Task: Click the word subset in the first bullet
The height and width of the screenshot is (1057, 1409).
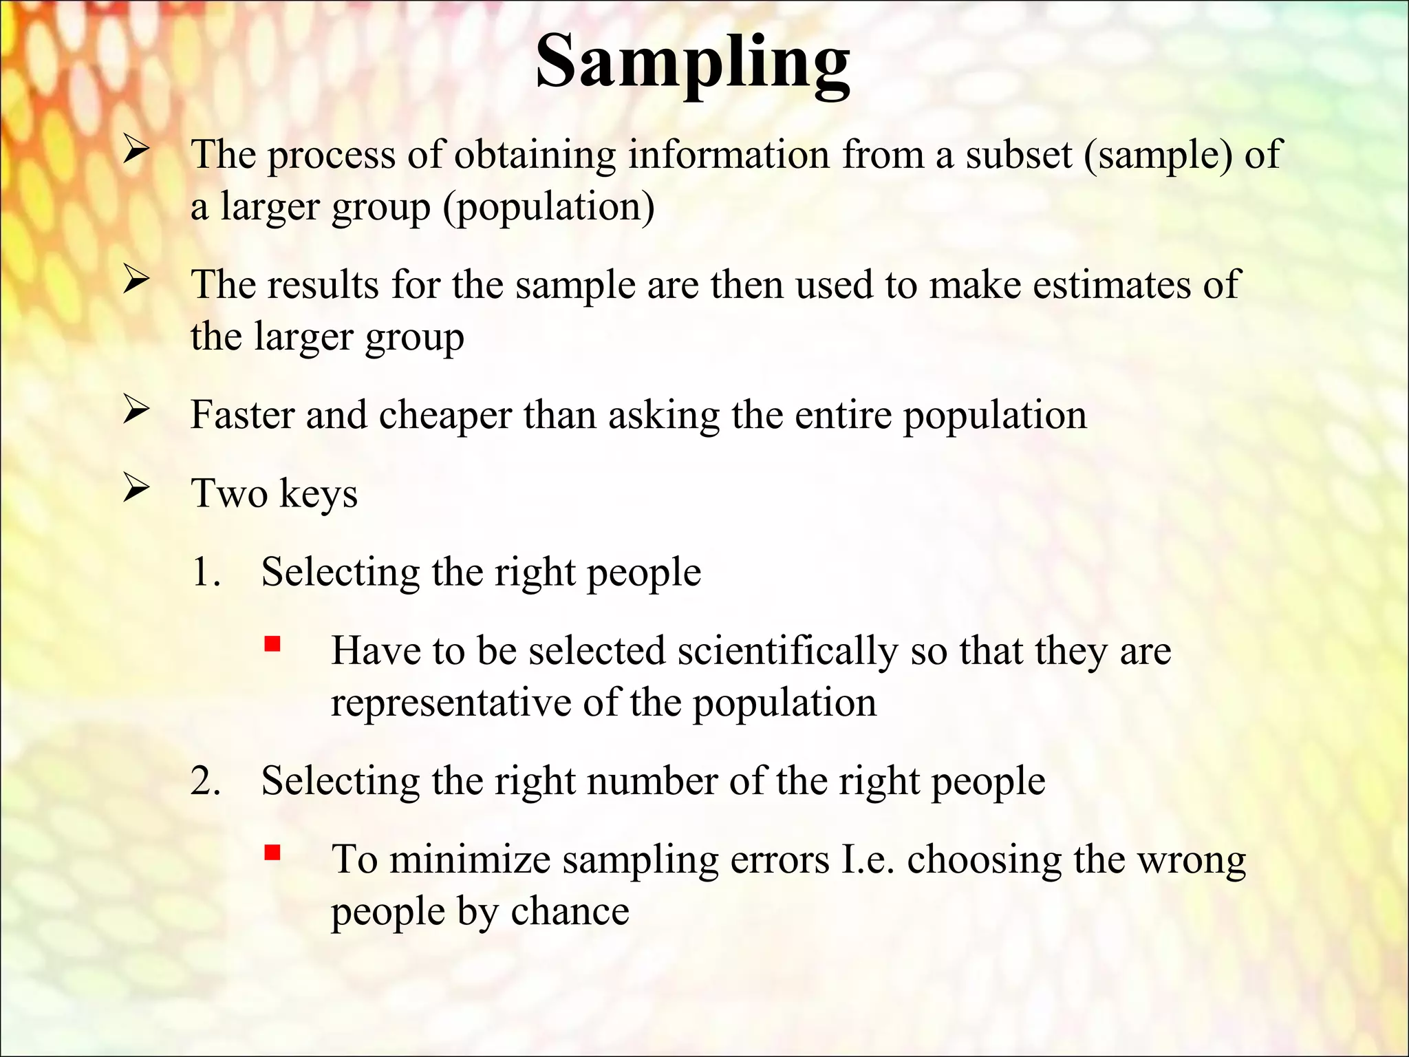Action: coord(1019,154)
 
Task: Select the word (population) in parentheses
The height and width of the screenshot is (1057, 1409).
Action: coord(548,207)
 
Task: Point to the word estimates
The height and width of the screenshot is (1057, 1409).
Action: coord(1111,284)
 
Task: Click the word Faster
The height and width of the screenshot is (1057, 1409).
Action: coord(242,415)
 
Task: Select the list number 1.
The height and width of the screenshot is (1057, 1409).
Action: coord(205,572)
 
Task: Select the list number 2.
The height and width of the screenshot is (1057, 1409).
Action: coord(205,781)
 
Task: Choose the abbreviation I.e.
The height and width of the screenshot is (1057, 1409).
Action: coord(868,860)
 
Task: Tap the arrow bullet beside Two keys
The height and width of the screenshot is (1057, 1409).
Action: coord(136,489)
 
